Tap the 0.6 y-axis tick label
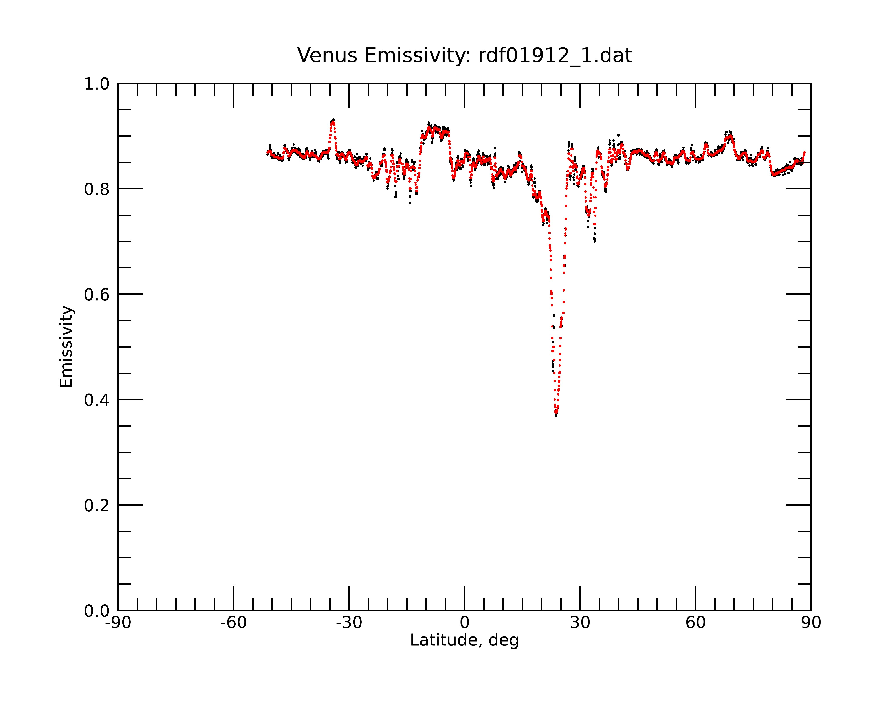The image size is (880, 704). [x=97, y=295]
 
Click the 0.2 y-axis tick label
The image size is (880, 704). [x=97, y=506]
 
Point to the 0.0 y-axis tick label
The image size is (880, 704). [x=97, y=611]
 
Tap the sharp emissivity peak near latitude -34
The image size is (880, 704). [x=333, y=120]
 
